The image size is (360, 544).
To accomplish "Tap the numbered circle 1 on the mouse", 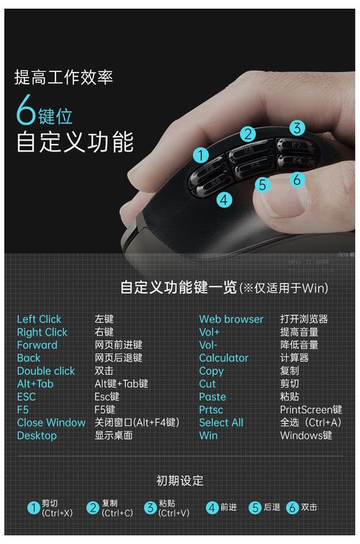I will click(x=201, y=155).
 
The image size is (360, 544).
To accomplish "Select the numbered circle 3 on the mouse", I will click(x=297, y=128).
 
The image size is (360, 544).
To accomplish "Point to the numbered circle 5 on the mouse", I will click(x=263, y=185).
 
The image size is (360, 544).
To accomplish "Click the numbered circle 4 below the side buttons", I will click(x=225, y=199).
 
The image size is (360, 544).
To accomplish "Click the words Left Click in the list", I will click(x=39, y=319).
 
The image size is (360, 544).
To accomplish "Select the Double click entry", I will click(x=45, y=371).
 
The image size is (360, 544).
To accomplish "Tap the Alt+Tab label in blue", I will click(x=35, y=384).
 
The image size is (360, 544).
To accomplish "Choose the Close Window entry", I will click(x=51, y=422).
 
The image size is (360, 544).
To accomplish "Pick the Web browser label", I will click(x=231, y=319).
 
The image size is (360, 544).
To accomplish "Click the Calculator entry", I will click(x=223, y=358).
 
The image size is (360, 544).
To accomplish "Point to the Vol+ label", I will click(x=210, y=332).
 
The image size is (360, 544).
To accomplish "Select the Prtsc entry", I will click(x=212, y=409).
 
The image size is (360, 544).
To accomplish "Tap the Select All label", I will click(x=221, y=422).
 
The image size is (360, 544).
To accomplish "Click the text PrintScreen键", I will click(x=310, y=409).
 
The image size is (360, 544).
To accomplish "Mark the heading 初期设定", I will click(x=180, y=480).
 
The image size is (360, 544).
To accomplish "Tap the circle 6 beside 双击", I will click(x=292, y=507).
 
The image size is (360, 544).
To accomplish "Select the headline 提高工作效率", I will click(x=63, y=77).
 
